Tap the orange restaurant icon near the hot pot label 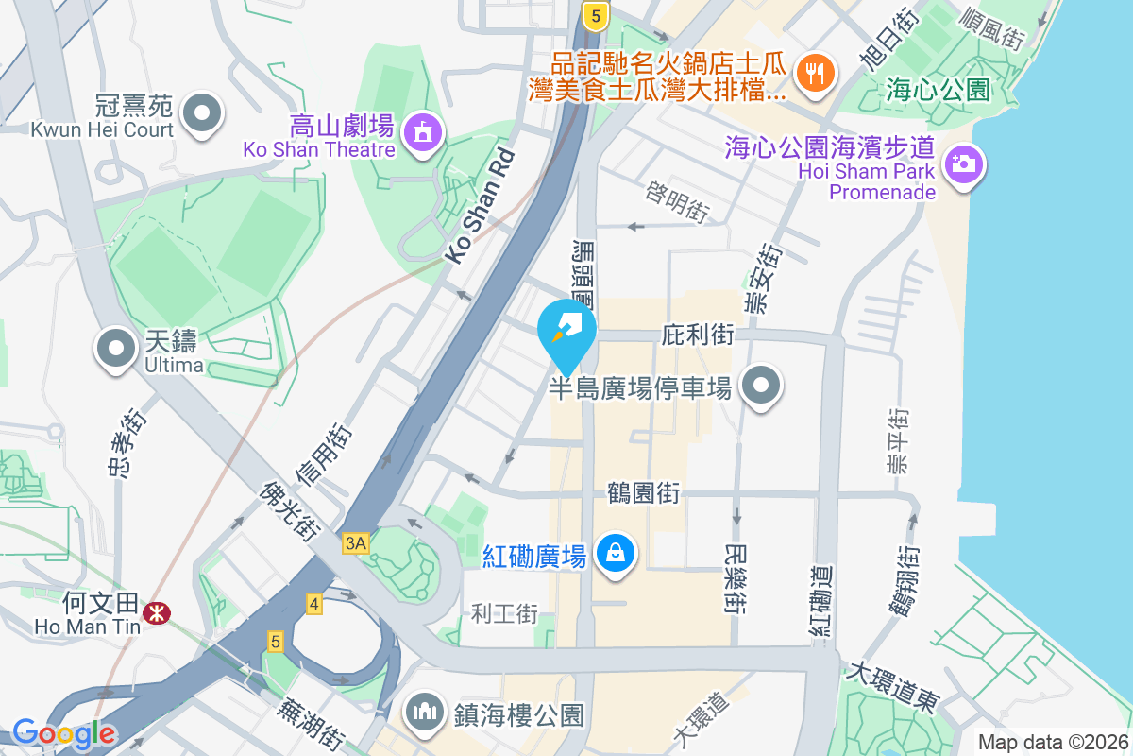click(813, 73)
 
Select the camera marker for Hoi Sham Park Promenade click(962, 164)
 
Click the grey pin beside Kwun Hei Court click(200, 113)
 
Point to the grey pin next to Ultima click(116, 348)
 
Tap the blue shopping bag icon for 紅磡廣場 click(616, 552)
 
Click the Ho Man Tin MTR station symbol click(155, 614)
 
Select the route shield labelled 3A click(355, 543)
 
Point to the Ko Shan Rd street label click(481, 205)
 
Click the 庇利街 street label click(698, 335)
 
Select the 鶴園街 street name click(643, 492)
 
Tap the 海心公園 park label click(938, 91)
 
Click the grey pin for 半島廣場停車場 click(761, 386)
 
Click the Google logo click(64, 732)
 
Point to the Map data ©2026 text click(1052, 743)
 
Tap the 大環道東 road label click(893, 688)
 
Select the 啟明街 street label click(677, 202)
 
